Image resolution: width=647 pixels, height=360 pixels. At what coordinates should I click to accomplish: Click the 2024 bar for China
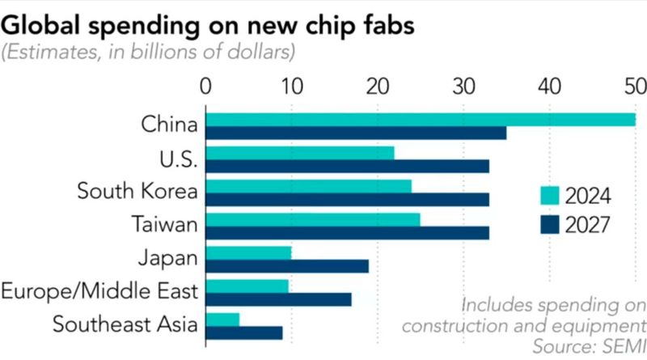click(x=421, y=120)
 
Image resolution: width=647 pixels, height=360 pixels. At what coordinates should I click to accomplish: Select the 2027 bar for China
click(x=356, y=133)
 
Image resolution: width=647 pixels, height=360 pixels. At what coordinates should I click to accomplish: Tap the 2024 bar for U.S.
click(x=300, y=153)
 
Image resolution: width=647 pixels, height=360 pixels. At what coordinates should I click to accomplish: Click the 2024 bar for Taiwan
click(x=313, y=219)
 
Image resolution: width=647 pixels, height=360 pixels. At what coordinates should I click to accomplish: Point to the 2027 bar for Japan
click(x=287, y=266)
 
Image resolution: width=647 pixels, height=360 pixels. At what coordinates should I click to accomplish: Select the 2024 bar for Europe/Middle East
click(x=247, y=286)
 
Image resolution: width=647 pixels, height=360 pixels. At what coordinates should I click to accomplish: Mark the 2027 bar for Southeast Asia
click(x=244, y=332)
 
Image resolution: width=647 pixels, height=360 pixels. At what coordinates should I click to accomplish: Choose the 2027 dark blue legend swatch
click(x=550, y=224)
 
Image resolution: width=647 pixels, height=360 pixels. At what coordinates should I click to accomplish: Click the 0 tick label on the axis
click(x=206, y=87)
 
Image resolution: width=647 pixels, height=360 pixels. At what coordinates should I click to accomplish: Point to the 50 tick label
click(x=635, y=87)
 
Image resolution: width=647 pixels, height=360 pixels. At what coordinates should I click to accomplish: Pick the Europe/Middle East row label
click(x=99, y=291)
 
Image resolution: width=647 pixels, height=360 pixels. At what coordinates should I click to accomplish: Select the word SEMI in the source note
click(x=625, y=347)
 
